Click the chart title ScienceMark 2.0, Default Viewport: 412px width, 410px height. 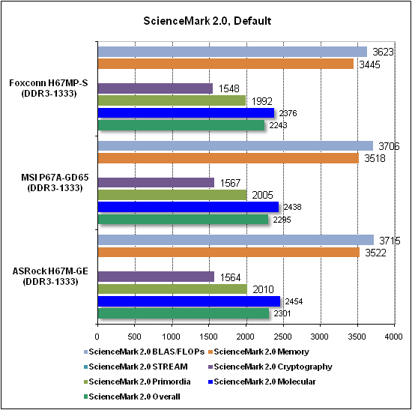pos(207,21)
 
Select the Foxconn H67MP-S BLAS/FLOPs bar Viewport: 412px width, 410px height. pos(232,52)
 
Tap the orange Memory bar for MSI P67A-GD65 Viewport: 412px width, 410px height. pos(228,158)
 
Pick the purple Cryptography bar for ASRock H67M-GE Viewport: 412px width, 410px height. pos(156,277)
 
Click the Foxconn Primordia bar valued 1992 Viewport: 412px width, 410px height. pos(172,100)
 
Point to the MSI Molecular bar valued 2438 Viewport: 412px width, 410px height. pos(188,207)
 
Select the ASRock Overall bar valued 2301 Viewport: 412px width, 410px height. pos(184,313)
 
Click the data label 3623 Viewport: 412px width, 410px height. pos(383,52)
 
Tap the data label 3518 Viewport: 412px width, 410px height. pos(375,158)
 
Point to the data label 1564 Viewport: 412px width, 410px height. pos(230,277)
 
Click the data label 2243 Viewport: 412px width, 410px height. pos(278,125)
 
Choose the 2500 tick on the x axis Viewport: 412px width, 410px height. pos(283,337)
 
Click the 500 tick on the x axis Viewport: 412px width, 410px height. pos(134,337)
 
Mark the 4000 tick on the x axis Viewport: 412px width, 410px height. pos(393,337)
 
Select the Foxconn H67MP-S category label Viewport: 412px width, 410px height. pos(49,88)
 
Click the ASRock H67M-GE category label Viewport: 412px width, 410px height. pos(50,277)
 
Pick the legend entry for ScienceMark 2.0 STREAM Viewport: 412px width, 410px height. pos(136,367)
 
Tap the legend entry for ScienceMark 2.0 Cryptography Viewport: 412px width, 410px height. pos(270,367)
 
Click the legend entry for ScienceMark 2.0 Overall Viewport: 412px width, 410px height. pos(132,397)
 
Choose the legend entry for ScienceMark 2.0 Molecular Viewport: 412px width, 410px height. pos(262,382)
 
